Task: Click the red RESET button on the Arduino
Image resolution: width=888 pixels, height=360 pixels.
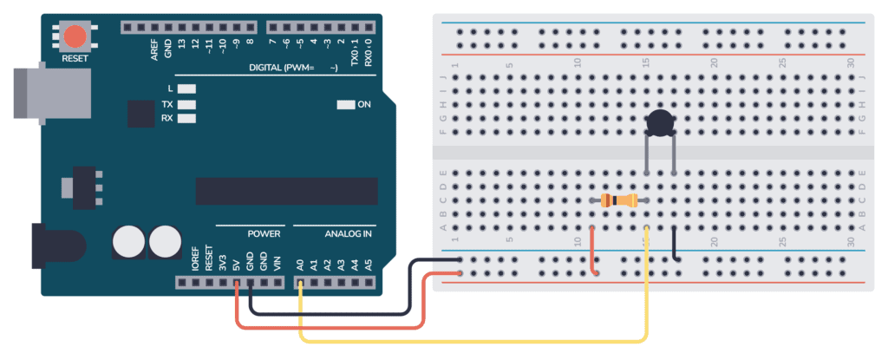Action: pos(75,36)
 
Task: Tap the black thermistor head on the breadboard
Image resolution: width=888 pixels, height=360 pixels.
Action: pos(661,123)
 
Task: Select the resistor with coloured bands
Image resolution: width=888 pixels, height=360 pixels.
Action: pos(620,201)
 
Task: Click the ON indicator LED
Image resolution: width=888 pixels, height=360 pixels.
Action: pos(346,105)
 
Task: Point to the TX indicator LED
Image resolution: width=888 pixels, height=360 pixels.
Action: pos(186,103)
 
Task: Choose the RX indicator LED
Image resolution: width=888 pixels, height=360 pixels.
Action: pos(186,118)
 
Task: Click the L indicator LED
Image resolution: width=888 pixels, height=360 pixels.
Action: pos(186,88)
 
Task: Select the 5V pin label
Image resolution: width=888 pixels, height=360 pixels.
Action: pos(236,261)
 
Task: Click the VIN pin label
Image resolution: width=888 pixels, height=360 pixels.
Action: pos(277,261)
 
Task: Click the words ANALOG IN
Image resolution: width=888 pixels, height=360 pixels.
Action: pos(349,234)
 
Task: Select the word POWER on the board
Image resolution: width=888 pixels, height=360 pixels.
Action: pos(264,234)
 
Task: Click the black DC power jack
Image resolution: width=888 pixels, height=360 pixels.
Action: pos(52,244)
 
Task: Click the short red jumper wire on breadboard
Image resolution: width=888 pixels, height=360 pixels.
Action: pos(593,251)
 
